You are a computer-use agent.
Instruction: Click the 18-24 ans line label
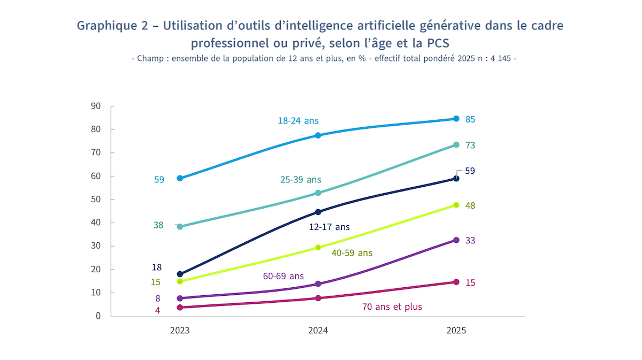point(298,121)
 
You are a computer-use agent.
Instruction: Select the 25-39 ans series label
point(301,180)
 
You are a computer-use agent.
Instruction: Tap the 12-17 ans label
point(329,227)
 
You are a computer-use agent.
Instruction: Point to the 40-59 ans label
point(352,252)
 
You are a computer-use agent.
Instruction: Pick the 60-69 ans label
point(283,276)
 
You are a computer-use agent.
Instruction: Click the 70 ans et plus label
point(392,307)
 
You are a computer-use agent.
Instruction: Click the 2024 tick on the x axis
point(318,331)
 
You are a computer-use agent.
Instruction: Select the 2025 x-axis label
point(456,331)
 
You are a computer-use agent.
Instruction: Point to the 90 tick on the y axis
point(96,106)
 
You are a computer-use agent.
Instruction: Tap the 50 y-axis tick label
point(96,200)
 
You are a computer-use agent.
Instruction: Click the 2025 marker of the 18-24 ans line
point(456,119)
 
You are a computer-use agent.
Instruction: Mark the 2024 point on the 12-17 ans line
point(318,212)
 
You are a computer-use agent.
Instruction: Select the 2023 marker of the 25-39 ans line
point(180,227)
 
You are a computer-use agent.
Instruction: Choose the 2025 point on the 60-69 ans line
point(456,240)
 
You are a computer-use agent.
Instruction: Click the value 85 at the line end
point(470,119)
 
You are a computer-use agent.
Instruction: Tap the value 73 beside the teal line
point(470,145)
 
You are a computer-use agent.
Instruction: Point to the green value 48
point(470,205)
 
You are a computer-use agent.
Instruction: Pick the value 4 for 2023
point(158,310)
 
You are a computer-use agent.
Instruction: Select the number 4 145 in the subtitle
point(501,59)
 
